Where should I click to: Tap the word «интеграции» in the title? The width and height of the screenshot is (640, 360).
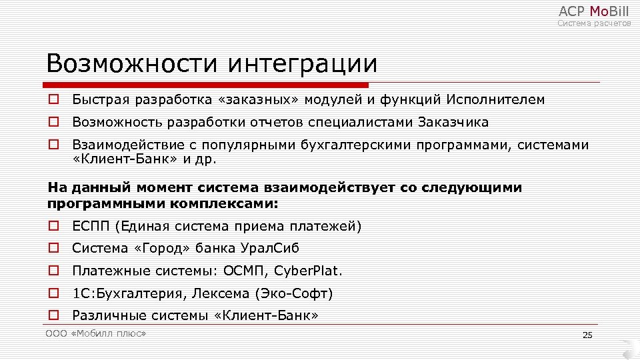click(303, 64)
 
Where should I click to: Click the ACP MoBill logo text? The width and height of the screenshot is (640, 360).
click(593, 11)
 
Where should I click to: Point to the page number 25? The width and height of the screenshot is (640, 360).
click(587, 335)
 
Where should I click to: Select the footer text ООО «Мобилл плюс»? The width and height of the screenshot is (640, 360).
click(96, 333)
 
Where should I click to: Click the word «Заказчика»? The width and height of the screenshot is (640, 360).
click(453, 123)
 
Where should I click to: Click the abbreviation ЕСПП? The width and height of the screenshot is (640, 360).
click(91, 227)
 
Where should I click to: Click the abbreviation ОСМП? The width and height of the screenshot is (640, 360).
click(247, 271)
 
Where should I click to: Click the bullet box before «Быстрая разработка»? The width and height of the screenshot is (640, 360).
click(53, 100)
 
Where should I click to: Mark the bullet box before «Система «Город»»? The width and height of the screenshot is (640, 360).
click(53, 249)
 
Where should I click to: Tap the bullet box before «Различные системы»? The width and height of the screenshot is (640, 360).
click(53, 315)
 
